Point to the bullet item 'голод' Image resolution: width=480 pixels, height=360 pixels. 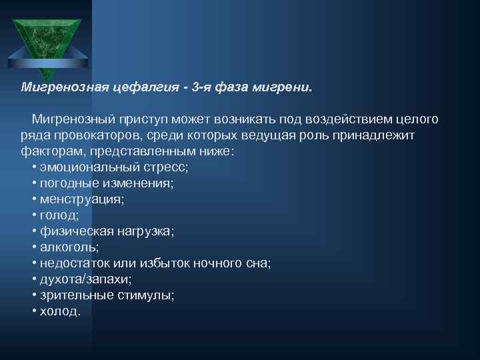59,215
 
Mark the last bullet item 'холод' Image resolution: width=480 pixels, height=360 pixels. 60,311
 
